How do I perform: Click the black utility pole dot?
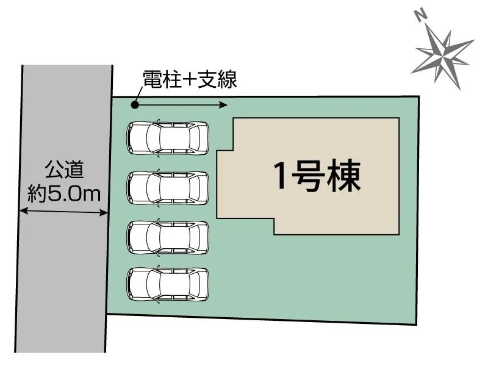134,105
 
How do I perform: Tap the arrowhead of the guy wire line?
223,105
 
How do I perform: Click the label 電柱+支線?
190,79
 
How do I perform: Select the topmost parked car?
167,138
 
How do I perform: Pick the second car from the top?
167,188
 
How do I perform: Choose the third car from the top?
167,237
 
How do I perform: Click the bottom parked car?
167,284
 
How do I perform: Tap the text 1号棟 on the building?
317,176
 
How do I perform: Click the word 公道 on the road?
64,170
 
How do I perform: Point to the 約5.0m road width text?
64,194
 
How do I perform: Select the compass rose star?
443,56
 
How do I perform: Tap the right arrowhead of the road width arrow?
104,213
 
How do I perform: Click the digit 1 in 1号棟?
280,176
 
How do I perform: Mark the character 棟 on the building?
344,176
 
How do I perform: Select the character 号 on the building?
308,176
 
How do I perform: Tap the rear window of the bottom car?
194,284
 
